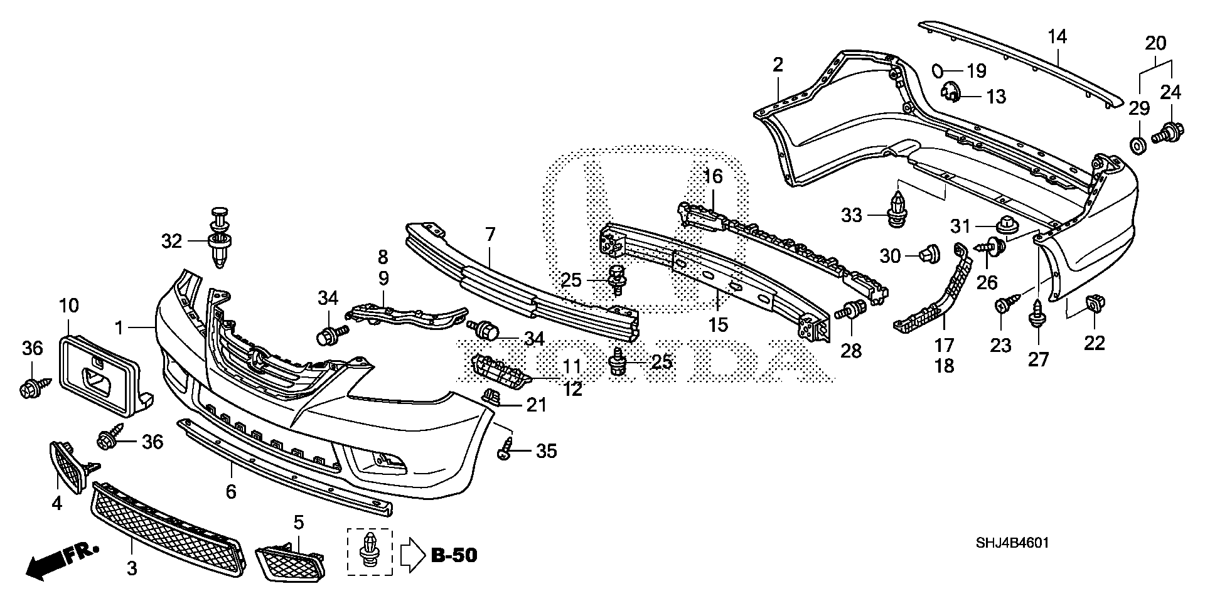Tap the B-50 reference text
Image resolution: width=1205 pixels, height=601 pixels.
[454, 555]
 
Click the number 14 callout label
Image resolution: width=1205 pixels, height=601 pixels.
[1057, 36]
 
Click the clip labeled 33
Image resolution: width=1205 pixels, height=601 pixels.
[898, 210]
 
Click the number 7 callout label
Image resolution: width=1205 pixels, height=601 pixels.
[490, 235]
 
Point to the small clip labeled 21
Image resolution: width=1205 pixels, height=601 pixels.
[493, 397]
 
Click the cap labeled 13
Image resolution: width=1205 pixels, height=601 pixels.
[951, 94]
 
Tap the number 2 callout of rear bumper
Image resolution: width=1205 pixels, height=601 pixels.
[778, 65]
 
